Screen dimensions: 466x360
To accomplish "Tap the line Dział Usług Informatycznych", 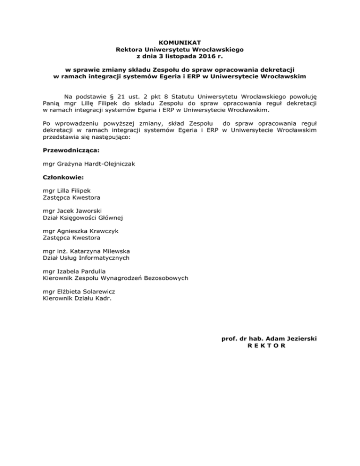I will coord(86,258).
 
